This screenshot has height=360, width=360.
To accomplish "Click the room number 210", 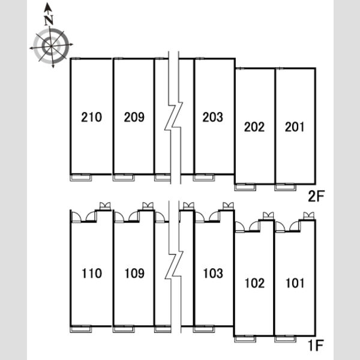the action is click(x=91, y=117).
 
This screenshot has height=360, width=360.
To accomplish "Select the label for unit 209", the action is click(x=134, y=117).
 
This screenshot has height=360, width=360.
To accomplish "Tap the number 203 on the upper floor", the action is click(x=212, y=117).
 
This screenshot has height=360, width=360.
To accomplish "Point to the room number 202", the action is click(x=254, y=127).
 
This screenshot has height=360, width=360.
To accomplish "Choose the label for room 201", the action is click(x=295, y=127).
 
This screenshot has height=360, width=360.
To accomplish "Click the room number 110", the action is click(x=92, y=274).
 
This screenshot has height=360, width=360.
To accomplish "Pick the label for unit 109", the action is click(x=134, y=274).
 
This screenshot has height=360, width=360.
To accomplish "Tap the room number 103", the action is click(x=213, y=274).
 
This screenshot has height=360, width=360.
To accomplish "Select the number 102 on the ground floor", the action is click(x=254, y=283).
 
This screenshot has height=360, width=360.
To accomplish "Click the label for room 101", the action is click(x=295, y=283).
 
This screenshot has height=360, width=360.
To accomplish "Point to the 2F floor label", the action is click(x=316, y=196).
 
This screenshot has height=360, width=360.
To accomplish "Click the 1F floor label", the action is click(x=316, y=346).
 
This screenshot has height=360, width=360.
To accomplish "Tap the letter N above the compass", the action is click(x=49, y=20).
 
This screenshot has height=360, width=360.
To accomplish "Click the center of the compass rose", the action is click(x=51, y=47).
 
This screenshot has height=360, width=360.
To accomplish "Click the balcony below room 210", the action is click(x=81, y=178).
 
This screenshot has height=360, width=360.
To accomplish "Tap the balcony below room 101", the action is click(x=286, y=339).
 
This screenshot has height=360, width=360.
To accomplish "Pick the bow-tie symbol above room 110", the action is click(x=105, y=206).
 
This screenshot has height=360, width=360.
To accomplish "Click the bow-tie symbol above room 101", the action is click(x=309, y=215).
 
